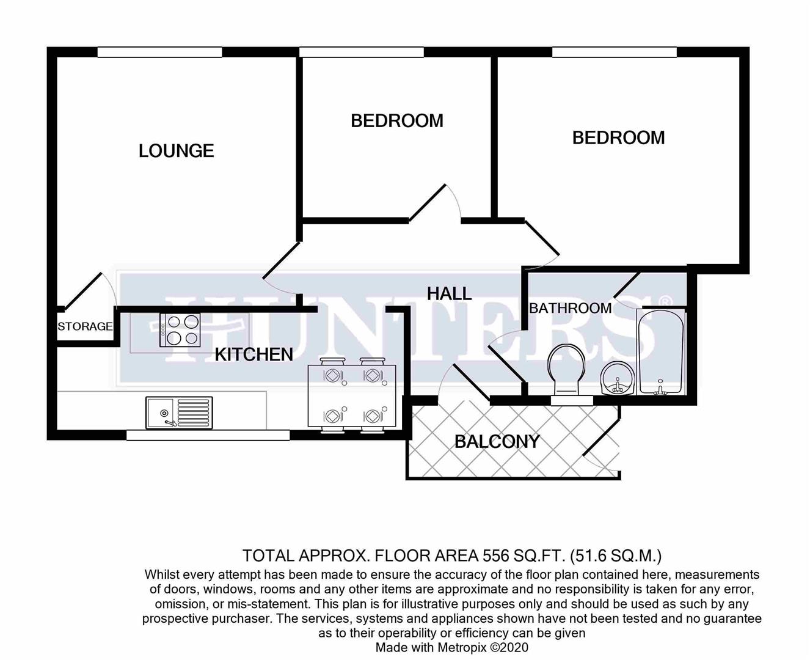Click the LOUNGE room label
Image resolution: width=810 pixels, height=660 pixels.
[176, 151]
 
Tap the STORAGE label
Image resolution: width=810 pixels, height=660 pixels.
[85, 326]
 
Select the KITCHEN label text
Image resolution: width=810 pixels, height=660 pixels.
[254, 354]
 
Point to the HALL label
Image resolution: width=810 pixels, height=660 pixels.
[449, 293]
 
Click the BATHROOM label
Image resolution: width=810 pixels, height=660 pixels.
[570, 308]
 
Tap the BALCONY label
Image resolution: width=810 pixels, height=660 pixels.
[497, 441]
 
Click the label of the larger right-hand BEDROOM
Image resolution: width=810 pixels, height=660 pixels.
[618, 137]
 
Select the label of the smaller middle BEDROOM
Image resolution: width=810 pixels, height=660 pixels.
[396, 121]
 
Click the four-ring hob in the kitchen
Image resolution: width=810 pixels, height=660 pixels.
[180, 330]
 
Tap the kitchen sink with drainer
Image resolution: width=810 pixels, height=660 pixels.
[179, 413]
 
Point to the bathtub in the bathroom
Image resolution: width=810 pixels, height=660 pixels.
[660, 351]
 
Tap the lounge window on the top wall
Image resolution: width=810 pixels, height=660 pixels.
[159, 53]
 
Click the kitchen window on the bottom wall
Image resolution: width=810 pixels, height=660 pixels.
[208, 435]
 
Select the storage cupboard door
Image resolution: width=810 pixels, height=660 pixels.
[83, 290]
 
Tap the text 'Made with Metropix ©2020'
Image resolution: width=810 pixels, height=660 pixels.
[451, 647]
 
